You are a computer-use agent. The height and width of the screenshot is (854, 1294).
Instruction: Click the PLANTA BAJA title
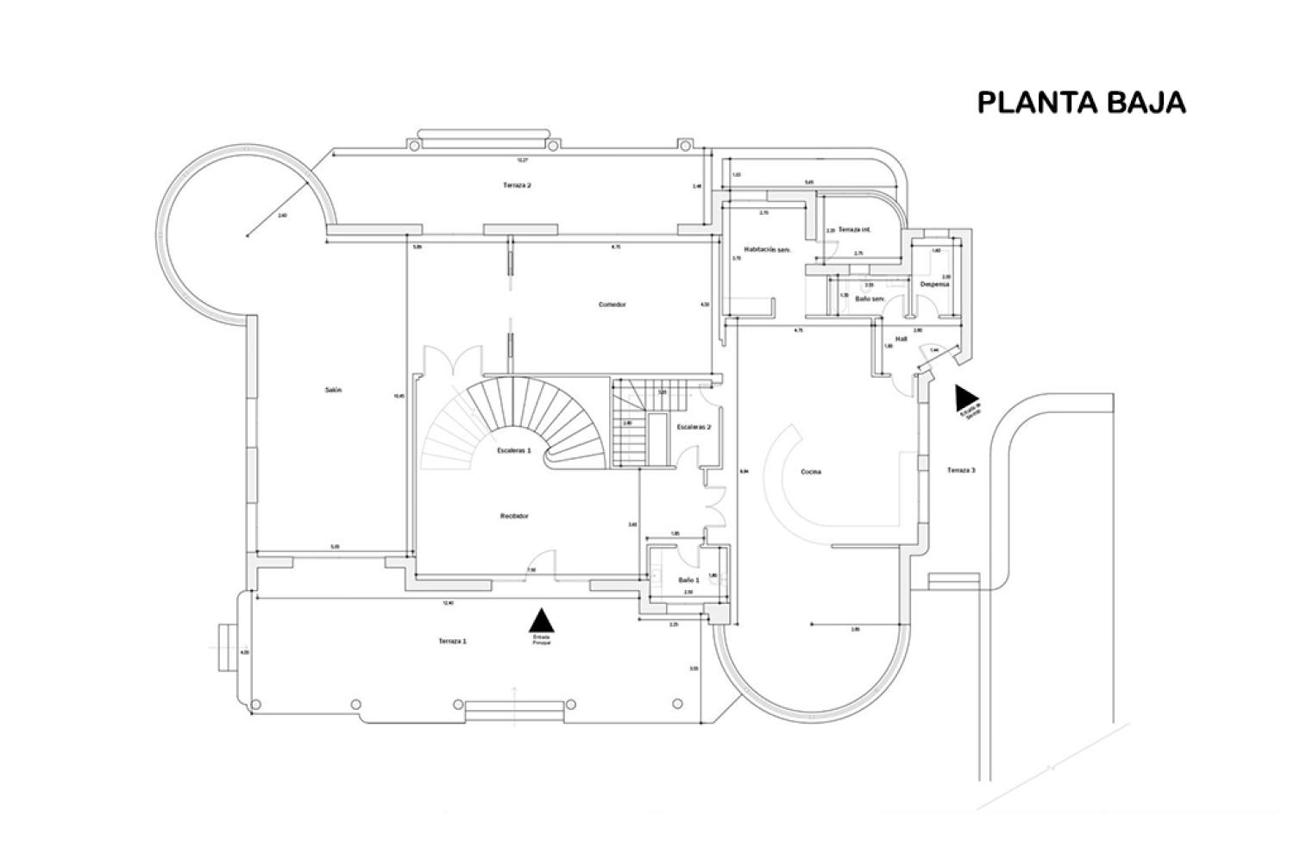1081,102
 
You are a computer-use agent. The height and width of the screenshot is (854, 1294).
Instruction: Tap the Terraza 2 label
517,185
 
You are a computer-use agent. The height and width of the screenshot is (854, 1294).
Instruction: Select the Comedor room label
612,305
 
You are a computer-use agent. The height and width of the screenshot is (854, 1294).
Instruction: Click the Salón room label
333,390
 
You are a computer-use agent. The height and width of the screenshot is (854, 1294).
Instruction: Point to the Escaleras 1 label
514,450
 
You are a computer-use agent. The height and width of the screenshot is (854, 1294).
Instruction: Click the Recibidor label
514,516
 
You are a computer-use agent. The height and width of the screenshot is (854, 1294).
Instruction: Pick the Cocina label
810,472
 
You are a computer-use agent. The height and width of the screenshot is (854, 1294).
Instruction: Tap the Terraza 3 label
961,470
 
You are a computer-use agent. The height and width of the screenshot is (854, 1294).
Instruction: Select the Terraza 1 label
452,641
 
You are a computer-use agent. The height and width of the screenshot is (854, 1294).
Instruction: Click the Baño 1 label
688,580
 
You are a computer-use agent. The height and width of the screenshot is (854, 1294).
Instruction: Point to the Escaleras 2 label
694,427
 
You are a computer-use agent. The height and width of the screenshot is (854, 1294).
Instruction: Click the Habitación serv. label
768,249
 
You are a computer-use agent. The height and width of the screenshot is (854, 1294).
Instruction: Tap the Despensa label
934,284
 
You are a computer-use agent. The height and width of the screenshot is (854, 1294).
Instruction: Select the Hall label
901,339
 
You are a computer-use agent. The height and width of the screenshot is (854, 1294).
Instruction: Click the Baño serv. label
870,298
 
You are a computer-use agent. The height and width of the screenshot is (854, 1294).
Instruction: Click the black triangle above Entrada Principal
541,620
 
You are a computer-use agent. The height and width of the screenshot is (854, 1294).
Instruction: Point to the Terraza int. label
854,230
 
